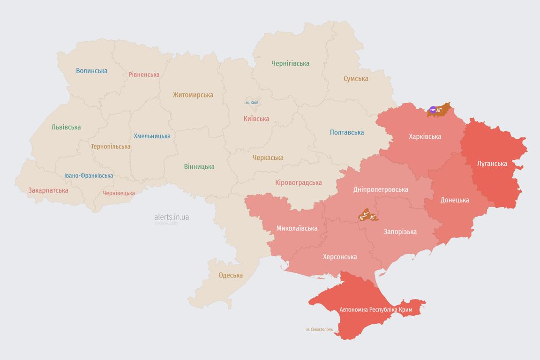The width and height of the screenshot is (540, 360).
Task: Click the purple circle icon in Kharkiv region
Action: point(433,110)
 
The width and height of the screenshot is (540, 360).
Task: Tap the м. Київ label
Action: point(252,102)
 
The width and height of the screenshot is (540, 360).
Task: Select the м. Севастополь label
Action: point(319,329)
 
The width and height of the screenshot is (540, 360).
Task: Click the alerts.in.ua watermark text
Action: point(172,217)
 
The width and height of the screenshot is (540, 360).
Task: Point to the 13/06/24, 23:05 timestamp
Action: point(166,224)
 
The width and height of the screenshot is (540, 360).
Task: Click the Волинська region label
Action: point(92,71)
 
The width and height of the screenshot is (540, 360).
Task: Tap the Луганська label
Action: point(492,164)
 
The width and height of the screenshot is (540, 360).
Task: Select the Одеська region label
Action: point(231,275)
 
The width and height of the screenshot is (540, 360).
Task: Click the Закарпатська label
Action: point(48,190)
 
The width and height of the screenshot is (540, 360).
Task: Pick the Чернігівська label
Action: point(290,63)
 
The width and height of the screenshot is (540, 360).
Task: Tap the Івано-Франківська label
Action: point(89,176)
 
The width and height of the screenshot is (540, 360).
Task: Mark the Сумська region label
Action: point(356,79)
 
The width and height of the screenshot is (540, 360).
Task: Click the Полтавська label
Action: point(347,132)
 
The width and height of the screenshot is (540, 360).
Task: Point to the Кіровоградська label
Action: point(299,182)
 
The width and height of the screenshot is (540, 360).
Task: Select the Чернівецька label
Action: point(119,193)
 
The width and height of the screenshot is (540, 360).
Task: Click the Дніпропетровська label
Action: point(381,189)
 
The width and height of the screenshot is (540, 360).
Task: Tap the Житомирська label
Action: point(193,95)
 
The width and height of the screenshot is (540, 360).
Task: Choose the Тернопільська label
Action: point(111,146)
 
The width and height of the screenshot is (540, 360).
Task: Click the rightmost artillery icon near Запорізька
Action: point(372,217)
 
